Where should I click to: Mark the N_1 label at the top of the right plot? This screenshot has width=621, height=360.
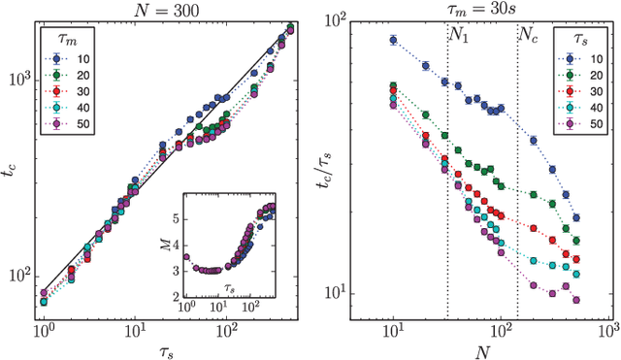[x=459, y=32]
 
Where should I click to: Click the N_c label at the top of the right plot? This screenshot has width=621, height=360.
[x=529, y=32]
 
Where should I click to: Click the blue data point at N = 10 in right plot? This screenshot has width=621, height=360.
[x=393, y=41]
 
